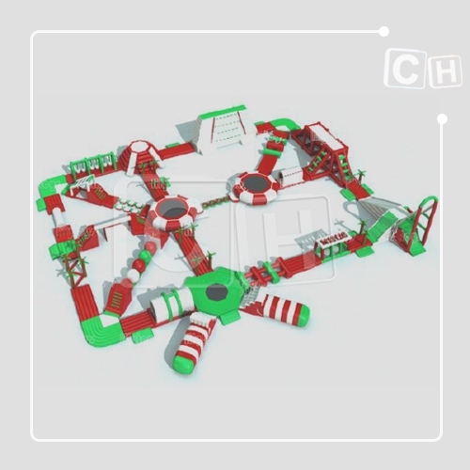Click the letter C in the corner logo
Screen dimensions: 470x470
point(405,69)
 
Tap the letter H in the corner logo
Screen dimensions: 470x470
point(446,71)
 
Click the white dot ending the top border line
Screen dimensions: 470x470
point(384,32)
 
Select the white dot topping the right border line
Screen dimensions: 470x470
point(442,118)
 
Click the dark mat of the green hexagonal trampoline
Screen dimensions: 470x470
point(216,292)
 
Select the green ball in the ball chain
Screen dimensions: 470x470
point(145,256)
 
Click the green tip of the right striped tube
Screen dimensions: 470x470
point(303,314)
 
